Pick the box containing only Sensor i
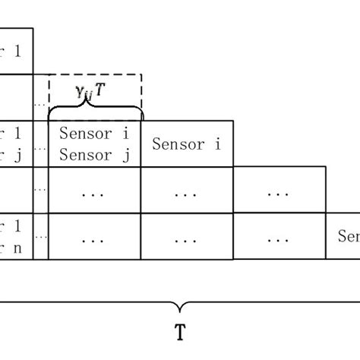tap(187, 144)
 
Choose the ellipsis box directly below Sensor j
tap(94, 191)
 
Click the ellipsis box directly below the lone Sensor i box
tap(187, 191)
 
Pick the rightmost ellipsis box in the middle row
tap(279, 191)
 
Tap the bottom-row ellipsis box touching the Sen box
tap(279, 236)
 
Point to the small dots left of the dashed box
tap(40, 103)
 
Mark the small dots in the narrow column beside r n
tap(40, 236)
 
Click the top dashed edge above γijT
tap(94, 74)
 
